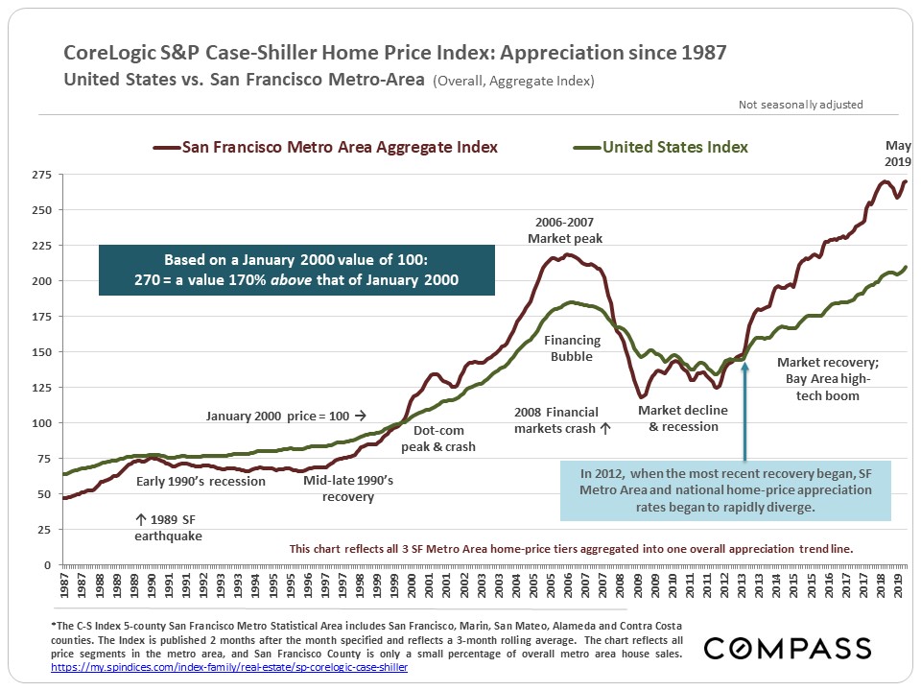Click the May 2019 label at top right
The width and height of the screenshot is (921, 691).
[897, 154]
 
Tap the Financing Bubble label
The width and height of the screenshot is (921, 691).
[572, 348]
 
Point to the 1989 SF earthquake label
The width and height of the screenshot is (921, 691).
[168, 528]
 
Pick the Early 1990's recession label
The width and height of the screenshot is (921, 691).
[201, 481]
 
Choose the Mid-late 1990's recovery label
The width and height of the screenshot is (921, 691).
[348, 488]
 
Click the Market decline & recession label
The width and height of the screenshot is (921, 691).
[683, 417]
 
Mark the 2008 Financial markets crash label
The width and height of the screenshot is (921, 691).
[562, 419]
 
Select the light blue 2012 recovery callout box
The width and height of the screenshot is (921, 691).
[720, 489]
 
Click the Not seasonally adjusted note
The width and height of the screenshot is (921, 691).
[801, 105]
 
